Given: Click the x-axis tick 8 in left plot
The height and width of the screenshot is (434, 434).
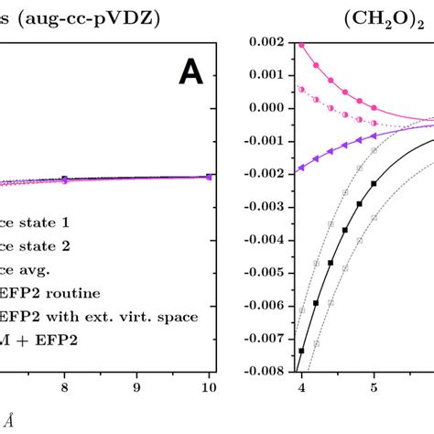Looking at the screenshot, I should pyautogui.click(x=63, y=387).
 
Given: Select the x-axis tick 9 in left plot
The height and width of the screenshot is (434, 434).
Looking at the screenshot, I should pyautogui.click(x=136, y=387).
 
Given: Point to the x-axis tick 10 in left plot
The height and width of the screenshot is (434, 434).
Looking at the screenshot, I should pyautogui.click(x=209, y=387).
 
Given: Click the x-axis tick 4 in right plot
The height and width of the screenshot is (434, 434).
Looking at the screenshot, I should pyautogui.click(x=300, y=387).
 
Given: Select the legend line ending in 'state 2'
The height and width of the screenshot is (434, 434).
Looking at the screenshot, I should pyautogui.click(x=38, y=245).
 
